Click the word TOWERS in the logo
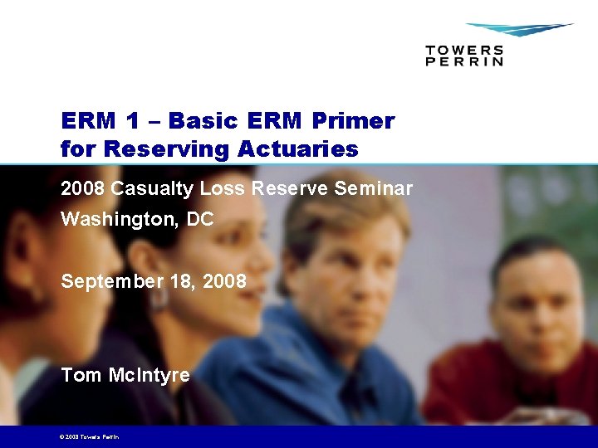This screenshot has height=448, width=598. coord(464,50)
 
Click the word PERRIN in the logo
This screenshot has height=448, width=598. coord(464,61)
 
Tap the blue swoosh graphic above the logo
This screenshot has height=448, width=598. coord(518,30)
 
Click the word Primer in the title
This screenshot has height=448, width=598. coord(353,121)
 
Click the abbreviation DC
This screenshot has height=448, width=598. coord(200,220)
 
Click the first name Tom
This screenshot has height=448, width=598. coord(81,375)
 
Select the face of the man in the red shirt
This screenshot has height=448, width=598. coord(540,303)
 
